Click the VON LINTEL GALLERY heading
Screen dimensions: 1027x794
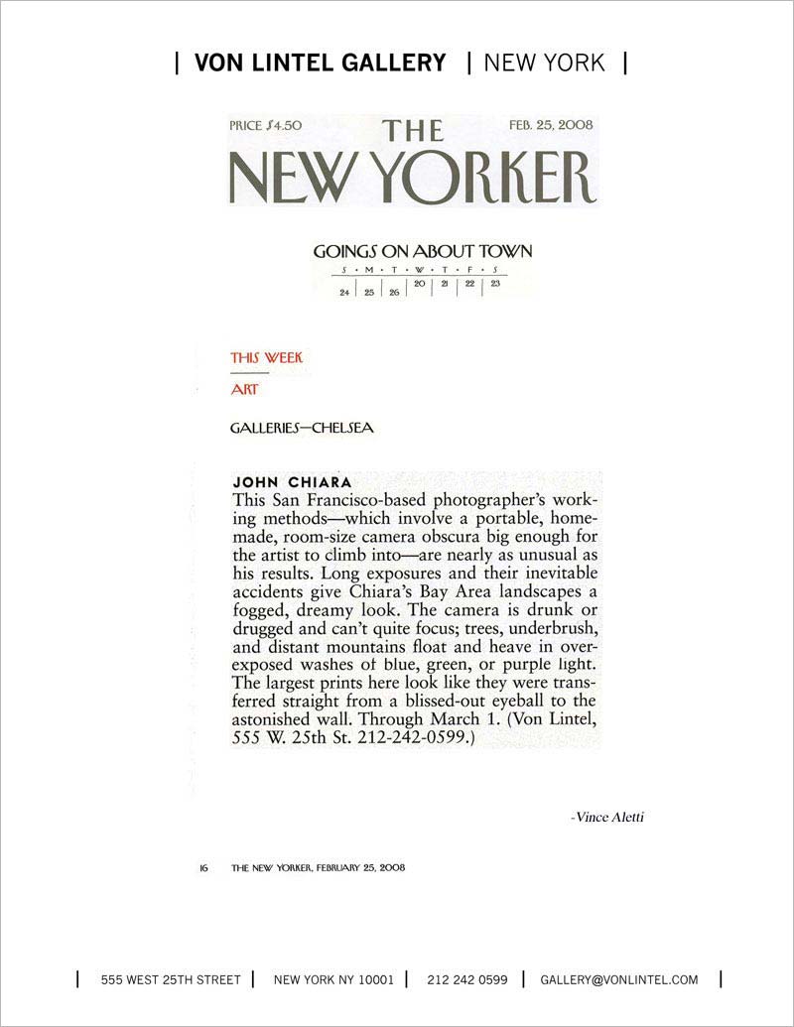tap(321, 63)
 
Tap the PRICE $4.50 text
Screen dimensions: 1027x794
tap(265, 126)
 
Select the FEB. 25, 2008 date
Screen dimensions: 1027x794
tap(551, 126)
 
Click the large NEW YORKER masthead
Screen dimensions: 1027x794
tap(412, 178)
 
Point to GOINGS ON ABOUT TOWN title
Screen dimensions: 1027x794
tap(423, 251)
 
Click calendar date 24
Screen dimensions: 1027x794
tap(344, 294)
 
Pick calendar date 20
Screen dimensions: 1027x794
tap(420, 285)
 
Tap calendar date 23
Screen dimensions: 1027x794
tap(494, 285)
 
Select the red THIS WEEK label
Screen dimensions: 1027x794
tap(266, 357)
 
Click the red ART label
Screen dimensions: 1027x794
tap(244, 390)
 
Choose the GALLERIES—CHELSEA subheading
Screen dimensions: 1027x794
tap(302, 429)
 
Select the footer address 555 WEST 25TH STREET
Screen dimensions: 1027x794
tap(171, 979)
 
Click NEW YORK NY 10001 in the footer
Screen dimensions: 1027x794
tap(333, 979)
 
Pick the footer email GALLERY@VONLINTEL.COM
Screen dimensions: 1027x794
tap(619, 979)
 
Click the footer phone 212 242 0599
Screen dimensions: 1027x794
tap(467, 979)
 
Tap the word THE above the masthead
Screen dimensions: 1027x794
tap(415, 131)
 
